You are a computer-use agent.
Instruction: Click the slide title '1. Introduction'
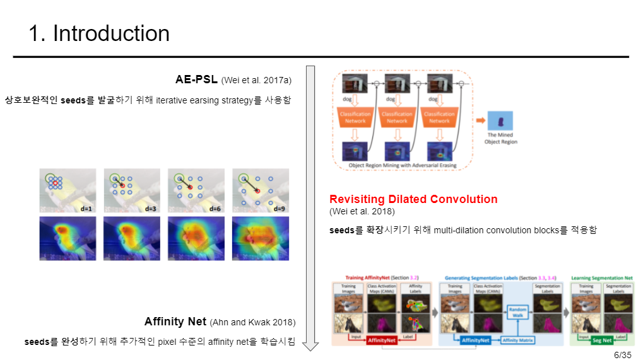[99, 33]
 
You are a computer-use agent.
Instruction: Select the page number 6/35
[622, 354]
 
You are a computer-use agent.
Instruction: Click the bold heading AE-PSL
[196, 79]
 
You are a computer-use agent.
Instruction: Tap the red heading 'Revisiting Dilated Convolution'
[413, 199]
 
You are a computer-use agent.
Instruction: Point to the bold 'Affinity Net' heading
[175, 322]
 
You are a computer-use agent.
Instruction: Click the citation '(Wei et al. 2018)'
[362, 211]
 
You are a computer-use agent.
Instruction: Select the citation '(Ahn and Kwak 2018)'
[252, 323]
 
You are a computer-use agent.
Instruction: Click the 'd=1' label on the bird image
[86, 209]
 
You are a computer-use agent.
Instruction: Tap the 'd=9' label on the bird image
[279, 209]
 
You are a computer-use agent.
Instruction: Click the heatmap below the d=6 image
[196, 238]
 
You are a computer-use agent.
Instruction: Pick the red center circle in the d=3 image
[122, 186]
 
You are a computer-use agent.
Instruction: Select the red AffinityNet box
[382, 340]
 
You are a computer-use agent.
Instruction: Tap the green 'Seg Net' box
[601, 340]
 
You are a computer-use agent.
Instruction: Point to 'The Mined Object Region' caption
[500, 138]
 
